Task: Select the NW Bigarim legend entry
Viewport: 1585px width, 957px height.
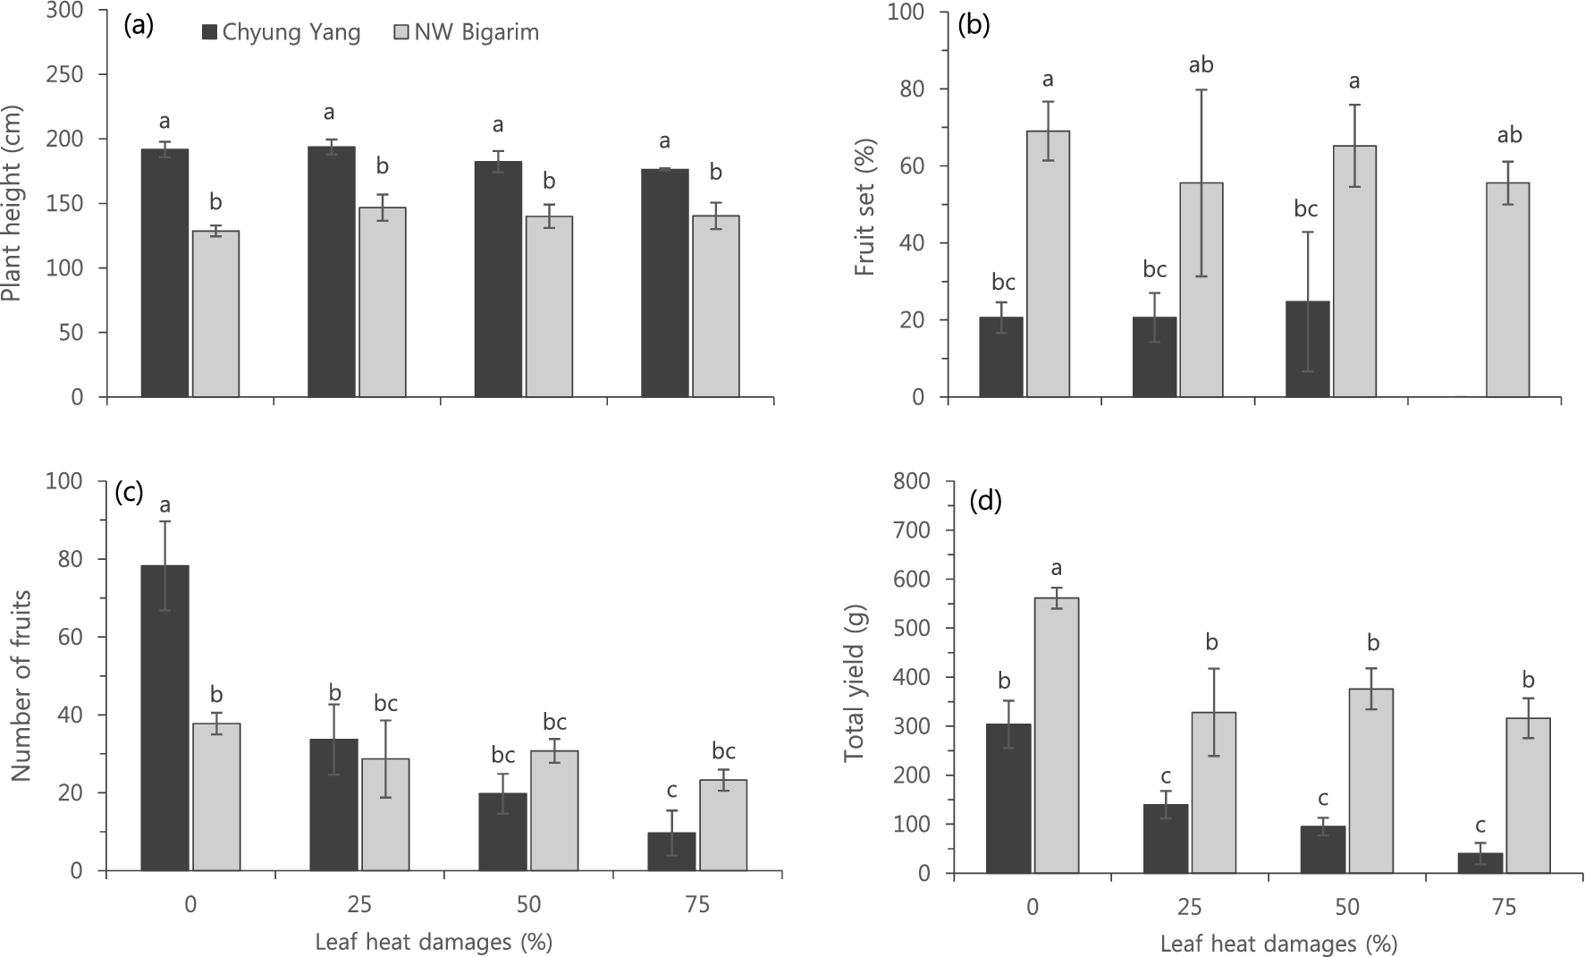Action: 465,33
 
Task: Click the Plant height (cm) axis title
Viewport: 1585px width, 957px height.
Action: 13,205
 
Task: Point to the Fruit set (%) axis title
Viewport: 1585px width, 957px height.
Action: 864,207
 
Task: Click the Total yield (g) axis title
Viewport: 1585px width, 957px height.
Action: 856,679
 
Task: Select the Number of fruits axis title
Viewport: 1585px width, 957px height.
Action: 21,686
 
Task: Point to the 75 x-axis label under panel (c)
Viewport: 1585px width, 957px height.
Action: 697,905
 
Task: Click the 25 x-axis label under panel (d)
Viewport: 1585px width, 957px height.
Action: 1190,908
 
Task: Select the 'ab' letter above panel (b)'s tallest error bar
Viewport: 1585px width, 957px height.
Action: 1201,65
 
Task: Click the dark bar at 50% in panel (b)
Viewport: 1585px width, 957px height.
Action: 1307,349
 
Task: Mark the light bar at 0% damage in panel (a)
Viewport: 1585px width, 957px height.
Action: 216,313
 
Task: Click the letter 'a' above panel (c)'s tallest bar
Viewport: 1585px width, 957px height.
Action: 165,505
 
